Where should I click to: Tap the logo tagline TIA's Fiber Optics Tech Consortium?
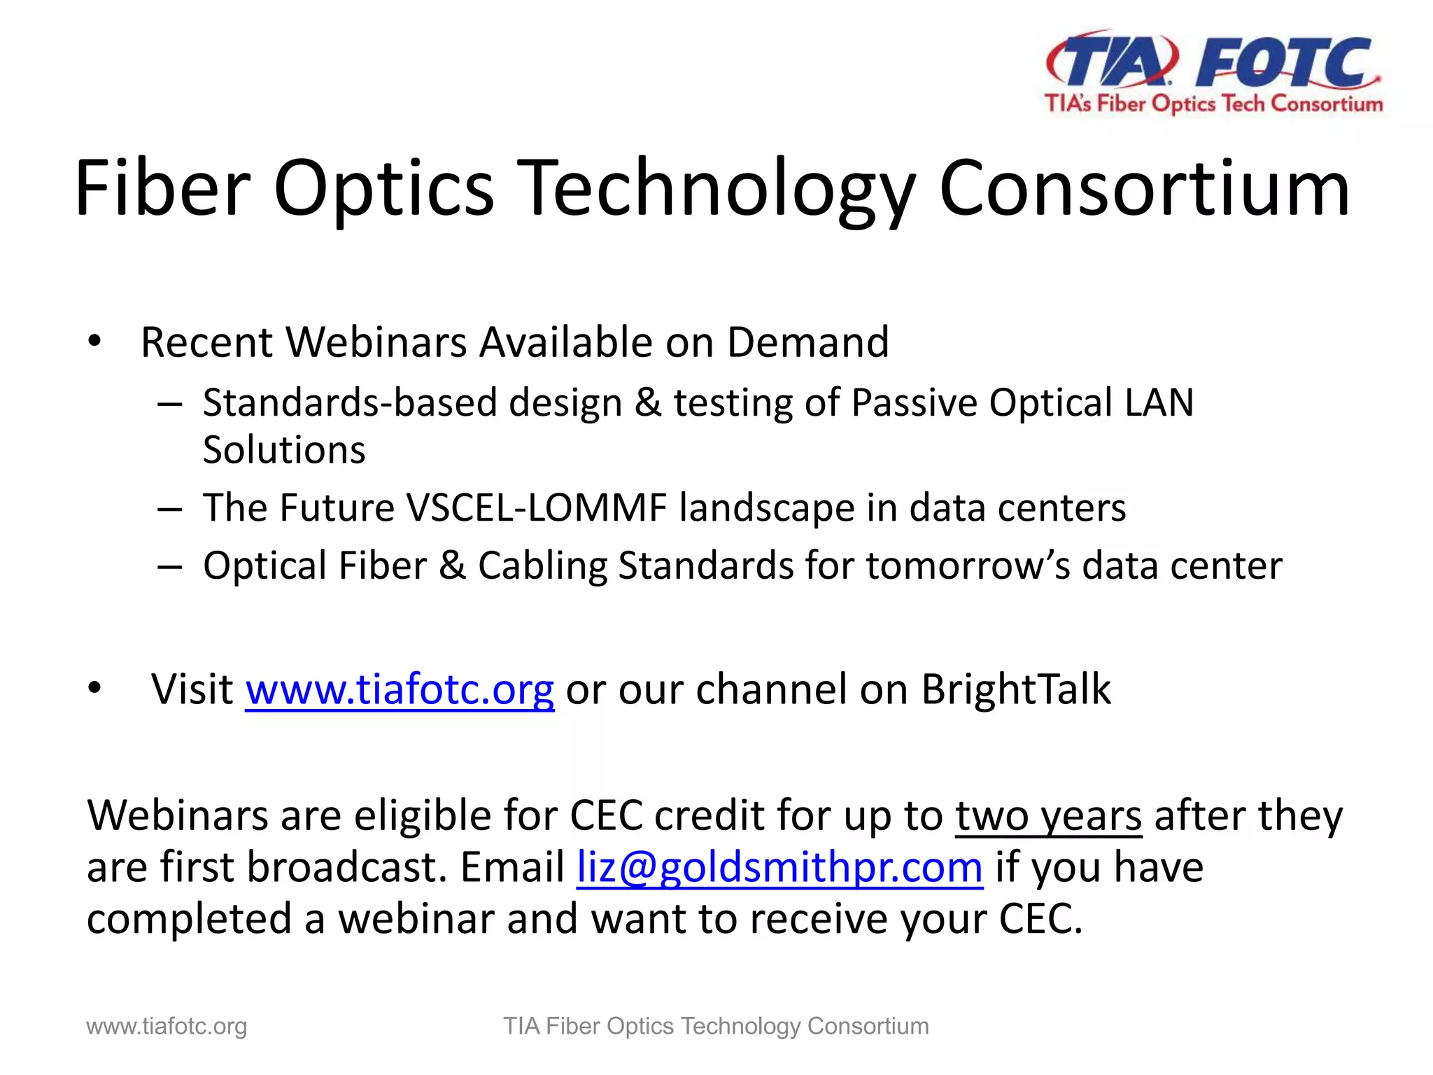click(1213, 104)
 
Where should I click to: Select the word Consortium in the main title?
click(1143, 188)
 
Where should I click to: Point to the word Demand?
click(807, 342)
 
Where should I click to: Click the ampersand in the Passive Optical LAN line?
click(648, 403)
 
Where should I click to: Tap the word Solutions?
click(283, 449)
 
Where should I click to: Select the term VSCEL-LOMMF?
click(536, 507)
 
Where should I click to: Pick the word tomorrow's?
click(968, 565)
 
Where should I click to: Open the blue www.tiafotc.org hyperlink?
click(400, 689)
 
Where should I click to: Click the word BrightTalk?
click(1015, 689)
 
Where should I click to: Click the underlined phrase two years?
click(1048, 817)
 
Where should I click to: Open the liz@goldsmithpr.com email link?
click(779, 868)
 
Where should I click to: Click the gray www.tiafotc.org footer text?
click(167, 1027)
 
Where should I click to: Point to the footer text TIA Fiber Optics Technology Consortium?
click(716, 1027)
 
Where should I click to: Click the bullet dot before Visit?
click(95, 689)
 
